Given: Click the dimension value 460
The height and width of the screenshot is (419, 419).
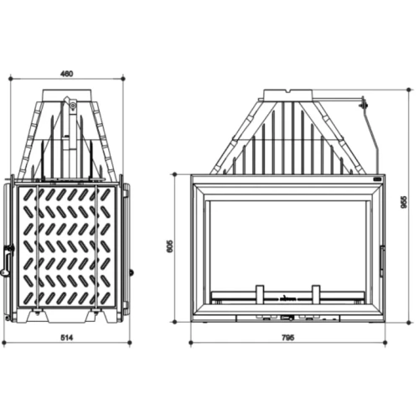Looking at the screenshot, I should [66, 73].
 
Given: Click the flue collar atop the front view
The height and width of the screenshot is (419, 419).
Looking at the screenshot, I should [288, 95].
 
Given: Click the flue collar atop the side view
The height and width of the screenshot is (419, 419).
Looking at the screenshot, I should [71, 106].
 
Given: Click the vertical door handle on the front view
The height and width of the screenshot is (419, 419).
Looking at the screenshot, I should [382, 261].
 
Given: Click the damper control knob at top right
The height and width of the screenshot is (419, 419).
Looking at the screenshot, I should [364, 104].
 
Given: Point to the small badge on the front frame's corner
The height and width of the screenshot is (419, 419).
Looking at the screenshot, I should [378, 178].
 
